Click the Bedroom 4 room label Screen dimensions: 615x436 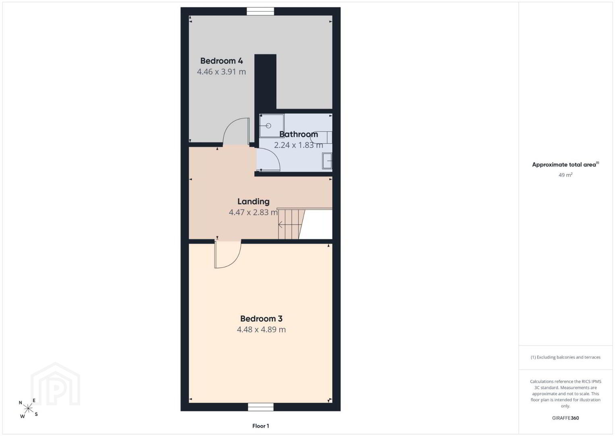pyautogui.click(x=221, y=61)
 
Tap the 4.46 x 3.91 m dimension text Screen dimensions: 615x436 pyautogui.click(x=221, y=72)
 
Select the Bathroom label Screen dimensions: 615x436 pyautogui.click(x=299, y=134)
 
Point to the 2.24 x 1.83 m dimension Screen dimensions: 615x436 pyautogui.click(x=299, y=145)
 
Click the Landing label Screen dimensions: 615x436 pyautogui.click(x=253, y=201)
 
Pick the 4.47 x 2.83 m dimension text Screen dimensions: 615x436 pyautogui.click(x=253, y=212)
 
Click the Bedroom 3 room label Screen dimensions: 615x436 pyautogui.click(x=261, y=319)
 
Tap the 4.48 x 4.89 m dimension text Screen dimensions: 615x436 pyautogui.click(x=261, y=329)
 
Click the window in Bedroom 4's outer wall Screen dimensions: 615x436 pyautogui.click(x=260, y=11)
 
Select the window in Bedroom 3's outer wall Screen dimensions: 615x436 pyautogui.click(x=261, y=407)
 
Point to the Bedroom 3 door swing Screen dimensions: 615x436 pyautogui.click(x=236, y=260)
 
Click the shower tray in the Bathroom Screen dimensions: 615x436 pyautogui.click(x=272, y=126)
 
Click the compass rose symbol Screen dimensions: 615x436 pyautogui.click(x=28, y=409)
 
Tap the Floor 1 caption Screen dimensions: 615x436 pyautogui.click(x=261, y=426)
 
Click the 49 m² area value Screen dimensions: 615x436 pyautogui.click(x=565, y=175)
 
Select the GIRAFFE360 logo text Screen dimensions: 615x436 pyautogui.click(x=565, y=418)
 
